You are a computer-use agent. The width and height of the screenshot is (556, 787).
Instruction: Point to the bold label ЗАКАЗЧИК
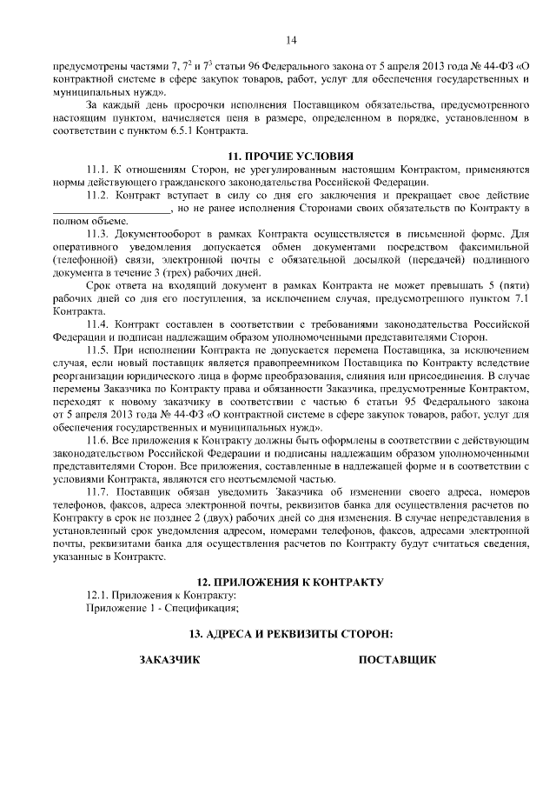pos(170,660)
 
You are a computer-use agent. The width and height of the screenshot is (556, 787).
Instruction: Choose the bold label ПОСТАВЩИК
pos(397,660)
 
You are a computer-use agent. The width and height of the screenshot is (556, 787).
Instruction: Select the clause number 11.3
pos(99,235)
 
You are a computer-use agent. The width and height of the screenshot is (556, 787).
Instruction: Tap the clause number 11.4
pos(99,324)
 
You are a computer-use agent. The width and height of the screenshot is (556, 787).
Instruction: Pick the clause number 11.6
pos(99,442)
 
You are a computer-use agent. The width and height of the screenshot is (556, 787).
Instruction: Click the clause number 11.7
pos(99,491)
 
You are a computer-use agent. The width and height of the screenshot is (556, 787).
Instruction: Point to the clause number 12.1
pos(99,594)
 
